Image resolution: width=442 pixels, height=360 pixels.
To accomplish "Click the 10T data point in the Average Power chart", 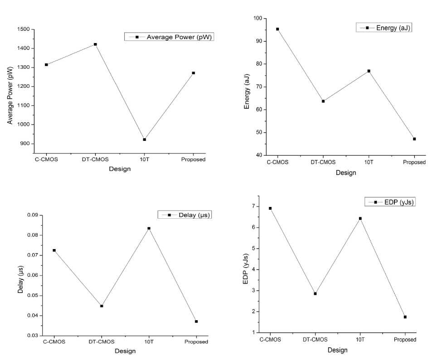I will pyautogui.click(x=144, y=139).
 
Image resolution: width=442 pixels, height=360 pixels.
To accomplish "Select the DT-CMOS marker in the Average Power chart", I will pyautogui.click(x=95, y=44).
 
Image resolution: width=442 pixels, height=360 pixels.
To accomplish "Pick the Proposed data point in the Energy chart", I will pyautogui.click(x=414, y=139).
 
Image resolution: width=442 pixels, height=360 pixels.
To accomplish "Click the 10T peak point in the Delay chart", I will pyautogui.click(x=149, y=228).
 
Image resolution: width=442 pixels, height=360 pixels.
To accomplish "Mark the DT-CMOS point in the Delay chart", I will pyautogui.click(x=102, y=306).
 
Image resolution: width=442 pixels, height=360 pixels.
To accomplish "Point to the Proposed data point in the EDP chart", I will pyautogui.click(x=405, y=317).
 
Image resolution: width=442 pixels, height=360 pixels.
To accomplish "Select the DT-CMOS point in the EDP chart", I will pyautogui.click(x=315, y=293).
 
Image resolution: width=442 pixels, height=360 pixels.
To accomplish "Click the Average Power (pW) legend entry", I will pyautogui.click(x=169, y=37).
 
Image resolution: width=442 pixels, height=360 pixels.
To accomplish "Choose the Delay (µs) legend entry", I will pyautogui.click(x=185, y=215).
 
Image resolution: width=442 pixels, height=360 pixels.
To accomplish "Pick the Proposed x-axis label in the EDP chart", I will pyautogui.click(x=405, y=340).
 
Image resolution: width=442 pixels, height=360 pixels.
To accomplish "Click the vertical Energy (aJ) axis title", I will pyautogui.click(x=247, y=92).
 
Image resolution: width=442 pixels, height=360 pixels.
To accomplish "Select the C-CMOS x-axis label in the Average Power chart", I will pyautogui.click(x=47, y=159).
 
